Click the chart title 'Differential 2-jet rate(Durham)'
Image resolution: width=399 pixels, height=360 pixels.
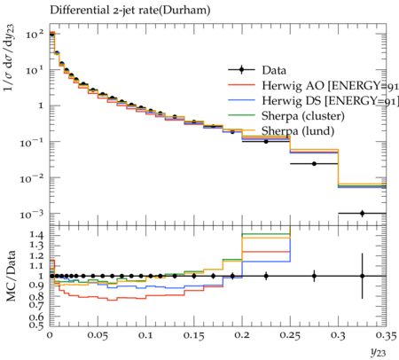(130, 10)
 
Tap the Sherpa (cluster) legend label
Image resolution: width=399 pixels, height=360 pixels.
(303, 116)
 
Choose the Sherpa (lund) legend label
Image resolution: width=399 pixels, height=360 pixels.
(298, 131)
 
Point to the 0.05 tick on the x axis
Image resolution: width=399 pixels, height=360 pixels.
(98, 335)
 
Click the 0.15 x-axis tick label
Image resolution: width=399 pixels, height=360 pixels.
(194, 335)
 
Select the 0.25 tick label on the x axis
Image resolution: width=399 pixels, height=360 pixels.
(290, 335)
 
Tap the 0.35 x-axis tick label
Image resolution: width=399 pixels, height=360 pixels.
(386, 335)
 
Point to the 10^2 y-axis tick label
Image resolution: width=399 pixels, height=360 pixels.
(35, 34)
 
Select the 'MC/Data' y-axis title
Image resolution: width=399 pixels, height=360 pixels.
(11, 276)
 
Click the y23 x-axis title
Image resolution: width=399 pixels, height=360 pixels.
(379, 352)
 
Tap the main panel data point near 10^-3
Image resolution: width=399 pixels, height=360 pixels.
(362, 213)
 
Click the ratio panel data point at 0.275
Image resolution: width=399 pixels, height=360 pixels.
(314, 276)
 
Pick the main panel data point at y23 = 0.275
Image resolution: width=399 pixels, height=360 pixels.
(314, 163)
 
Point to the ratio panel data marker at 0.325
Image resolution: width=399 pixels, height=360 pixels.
(362, 276)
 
